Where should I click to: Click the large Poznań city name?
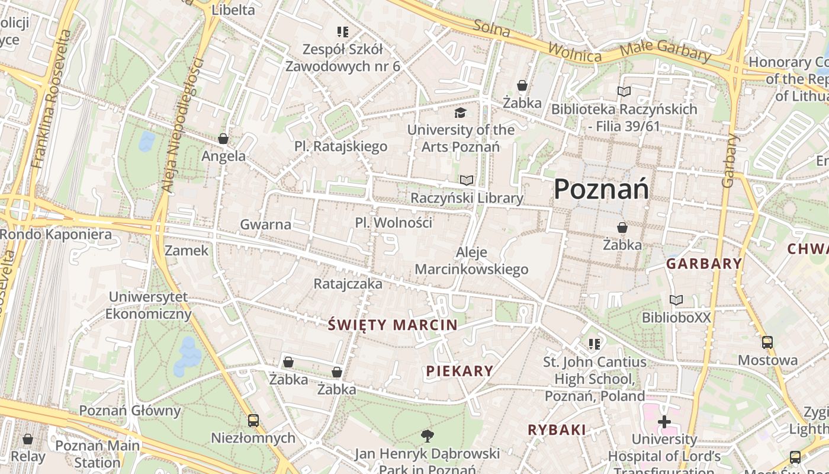click(601, 190)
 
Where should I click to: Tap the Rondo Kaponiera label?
click(56, 235)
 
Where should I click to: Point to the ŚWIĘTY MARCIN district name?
click(393, 325)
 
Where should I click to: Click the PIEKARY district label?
click(460, 371)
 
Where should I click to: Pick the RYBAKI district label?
click(557, 430)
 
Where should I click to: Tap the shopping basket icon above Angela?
click(223, 139)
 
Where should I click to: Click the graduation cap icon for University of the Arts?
click(460, 113)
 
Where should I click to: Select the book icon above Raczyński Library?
click(467, 180)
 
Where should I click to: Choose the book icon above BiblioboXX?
click(676, 300)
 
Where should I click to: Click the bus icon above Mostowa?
click(767, 342)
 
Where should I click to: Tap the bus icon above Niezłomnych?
click(253, 421)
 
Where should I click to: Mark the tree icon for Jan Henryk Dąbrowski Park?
click(427, 437)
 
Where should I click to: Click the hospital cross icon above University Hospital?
click(664, 422)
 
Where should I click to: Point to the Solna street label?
click(491, 28)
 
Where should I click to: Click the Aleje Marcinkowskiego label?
click(471, 261)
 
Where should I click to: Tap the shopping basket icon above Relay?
click(27, 439)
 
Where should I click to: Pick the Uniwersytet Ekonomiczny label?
click(148, 305)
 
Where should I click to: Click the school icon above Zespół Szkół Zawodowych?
click(343, 31)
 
